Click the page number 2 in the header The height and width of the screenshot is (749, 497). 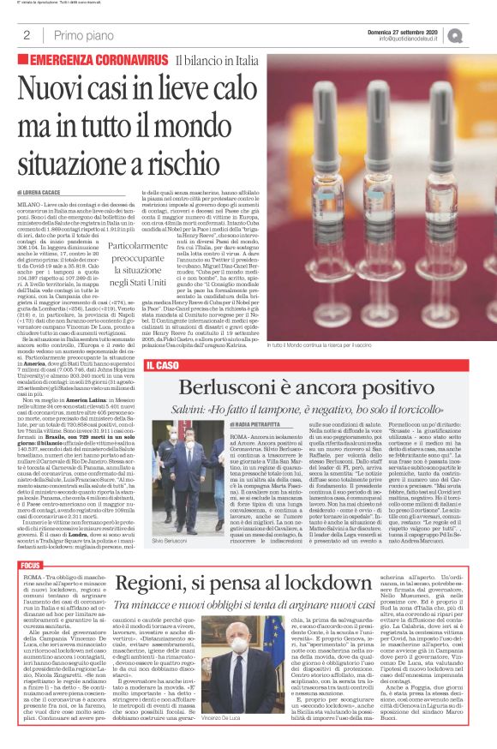(x=27, y=35)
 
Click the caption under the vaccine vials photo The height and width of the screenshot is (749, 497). (x=332, y=345)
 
